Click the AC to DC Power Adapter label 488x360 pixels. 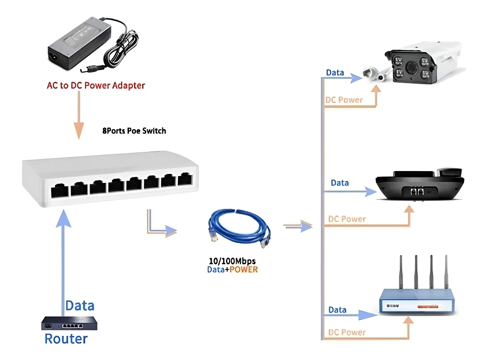click(x=96, y=86)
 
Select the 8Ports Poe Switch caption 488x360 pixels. click(x=134, y=131)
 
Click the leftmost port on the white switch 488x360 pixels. click(x=59, y=190)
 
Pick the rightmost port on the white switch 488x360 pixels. click(x=185, y=180)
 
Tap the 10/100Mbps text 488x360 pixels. click(x=232, y=261)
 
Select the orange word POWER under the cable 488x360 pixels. click(x=244, y=269)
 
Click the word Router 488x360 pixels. click(x=66, y=339)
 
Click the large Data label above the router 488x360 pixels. click(x=80, y=305)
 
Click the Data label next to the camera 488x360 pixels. click(x=335, y=73)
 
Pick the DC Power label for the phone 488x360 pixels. click(x=347, y=219)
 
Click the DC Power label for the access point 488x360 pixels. click(x=347, y=332)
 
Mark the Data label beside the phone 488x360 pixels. click(x=340, y=183)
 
